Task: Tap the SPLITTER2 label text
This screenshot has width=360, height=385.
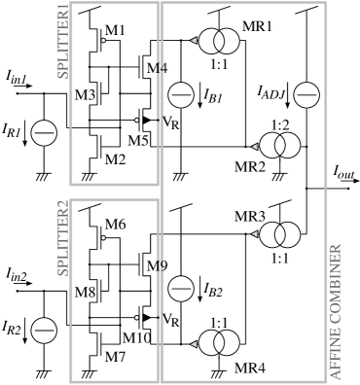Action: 63,238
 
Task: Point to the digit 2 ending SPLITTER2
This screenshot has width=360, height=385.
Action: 63,205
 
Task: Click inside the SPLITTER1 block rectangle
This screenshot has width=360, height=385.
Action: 114,92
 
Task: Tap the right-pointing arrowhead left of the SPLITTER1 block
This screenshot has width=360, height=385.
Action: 30,87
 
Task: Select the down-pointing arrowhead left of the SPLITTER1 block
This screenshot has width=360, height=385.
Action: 25,143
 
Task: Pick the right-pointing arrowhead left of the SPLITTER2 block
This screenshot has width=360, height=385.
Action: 30,284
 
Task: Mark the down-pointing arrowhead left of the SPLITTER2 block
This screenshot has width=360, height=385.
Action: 25,340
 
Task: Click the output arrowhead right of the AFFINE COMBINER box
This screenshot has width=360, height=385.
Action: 356,181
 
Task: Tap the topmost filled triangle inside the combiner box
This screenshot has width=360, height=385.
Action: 194,40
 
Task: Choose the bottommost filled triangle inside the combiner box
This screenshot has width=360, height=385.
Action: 194,344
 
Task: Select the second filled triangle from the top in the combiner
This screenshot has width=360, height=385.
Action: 254,147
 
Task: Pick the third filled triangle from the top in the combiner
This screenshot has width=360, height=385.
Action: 254,234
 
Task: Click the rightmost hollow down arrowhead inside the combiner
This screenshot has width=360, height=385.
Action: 287,105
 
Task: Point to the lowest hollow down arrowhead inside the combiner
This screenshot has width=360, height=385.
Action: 199,299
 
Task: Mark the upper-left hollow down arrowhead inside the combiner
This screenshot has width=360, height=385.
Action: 199,105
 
